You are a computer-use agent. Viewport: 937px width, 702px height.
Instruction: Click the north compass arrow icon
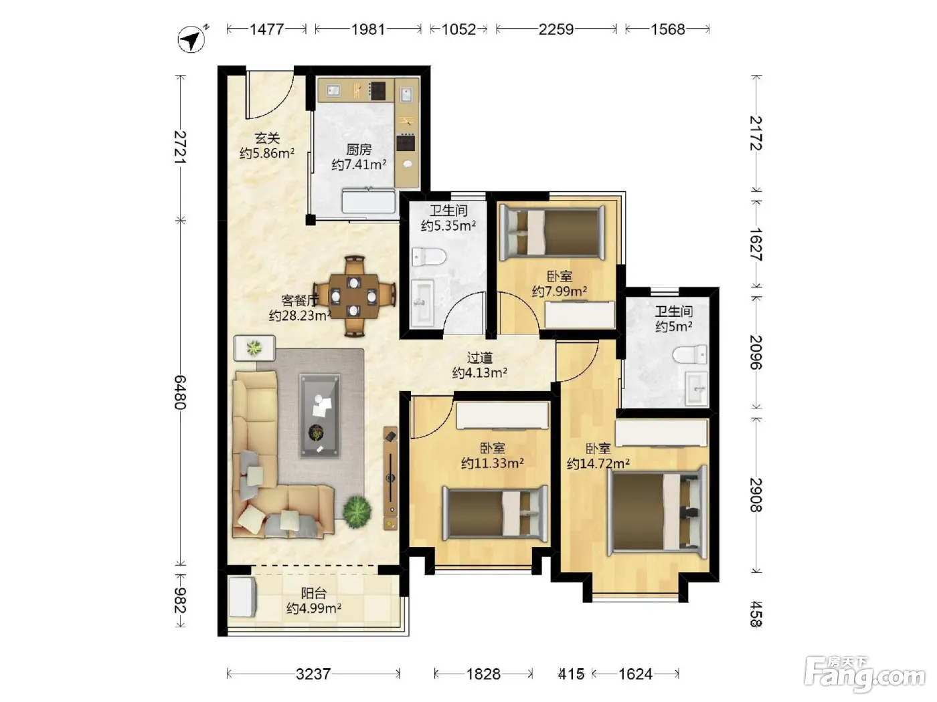(x=191, y=39)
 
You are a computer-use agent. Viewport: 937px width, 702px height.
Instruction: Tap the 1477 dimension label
(x=267, y=29)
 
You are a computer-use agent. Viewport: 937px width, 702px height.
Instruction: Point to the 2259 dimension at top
(x=556, y=29)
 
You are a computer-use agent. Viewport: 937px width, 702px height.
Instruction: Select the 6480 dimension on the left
(x=180, y=392)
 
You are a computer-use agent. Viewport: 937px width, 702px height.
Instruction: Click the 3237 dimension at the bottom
(x=313, y=674)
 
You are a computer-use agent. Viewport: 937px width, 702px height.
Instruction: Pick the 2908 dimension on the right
(x=756, y=495)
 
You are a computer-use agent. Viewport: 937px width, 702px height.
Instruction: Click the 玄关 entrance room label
(x=267, y=138)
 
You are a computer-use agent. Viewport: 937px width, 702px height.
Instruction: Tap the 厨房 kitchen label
(x=359, y=150)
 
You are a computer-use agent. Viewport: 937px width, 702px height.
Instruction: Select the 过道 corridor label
(x=479, y=358)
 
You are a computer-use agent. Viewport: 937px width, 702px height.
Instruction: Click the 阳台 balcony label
(x=314, y=593)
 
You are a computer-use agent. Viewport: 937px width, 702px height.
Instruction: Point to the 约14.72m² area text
(x=598, y=463)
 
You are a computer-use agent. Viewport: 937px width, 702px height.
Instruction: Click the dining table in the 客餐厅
(x=354, y=296)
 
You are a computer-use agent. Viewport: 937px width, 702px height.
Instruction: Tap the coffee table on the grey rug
(x=320, y=417)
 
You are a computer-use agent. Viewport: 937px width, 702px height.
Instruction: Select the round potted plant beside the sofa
(x=357, y=511)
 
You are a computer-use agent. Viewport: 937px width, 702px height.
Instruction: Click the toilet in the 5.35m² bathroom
(x=429, y=257)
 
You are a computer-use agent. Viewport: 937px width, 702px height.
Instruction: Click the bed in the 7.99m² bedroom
(x=553, y=233)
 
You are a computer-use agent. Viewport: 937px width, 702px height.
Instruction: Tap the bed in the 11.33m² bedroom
(x=495, y=513)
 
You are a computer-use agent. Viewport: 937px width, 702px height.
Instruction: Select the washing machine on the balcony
(x=242, y=597)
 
